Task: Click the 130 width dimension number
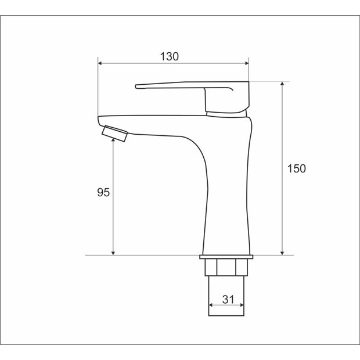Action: [169, 56]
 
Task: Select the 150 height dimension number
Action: [297, 168]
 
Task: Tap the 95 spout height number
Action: [103, 192]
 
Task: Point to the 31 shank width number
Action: [228, 300]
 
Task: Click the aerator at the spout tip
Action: [114, 134]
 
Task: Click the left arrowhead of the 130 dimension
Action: [100, 63]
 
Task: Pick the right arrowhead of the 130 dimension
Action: [247, 63]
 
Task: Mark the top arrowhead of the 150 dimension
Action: [282, 84]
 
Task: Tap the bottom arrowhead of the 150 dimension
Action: [282, 253]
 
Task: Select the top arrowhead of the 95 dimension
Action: [113, 140]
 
